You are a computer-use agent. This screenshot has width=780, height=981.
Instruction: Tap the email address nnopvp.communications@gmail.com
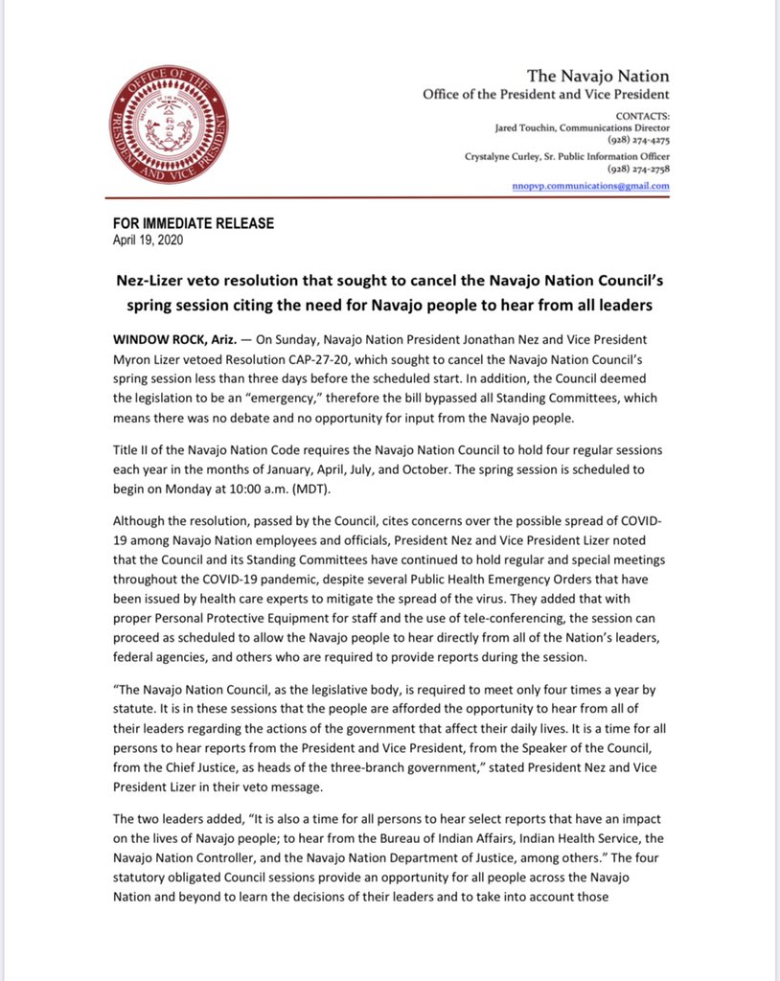coord(590,186)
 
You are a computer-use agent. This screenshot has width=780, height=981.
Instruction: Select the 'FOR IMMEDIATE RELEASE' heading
coord(194,223)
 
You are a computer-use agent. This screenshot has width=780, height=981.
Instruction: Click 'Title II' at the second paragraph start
coord(131,449)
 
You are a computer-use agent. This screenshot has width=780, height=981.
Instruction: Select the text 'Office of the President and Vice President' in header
coord(546,94)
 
